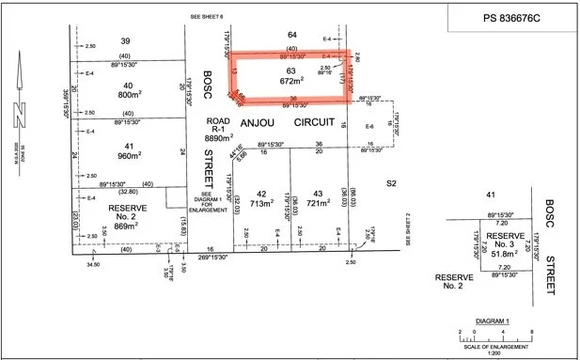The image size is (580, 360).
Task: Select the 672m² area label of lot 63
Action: point(290,81)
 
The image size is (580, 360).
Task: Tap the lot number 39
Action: point(124,40)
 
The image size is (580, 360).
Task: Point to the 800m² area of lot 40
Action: point(129,95)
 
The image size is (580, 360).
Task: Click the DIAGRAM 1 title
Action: point(492,320)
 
